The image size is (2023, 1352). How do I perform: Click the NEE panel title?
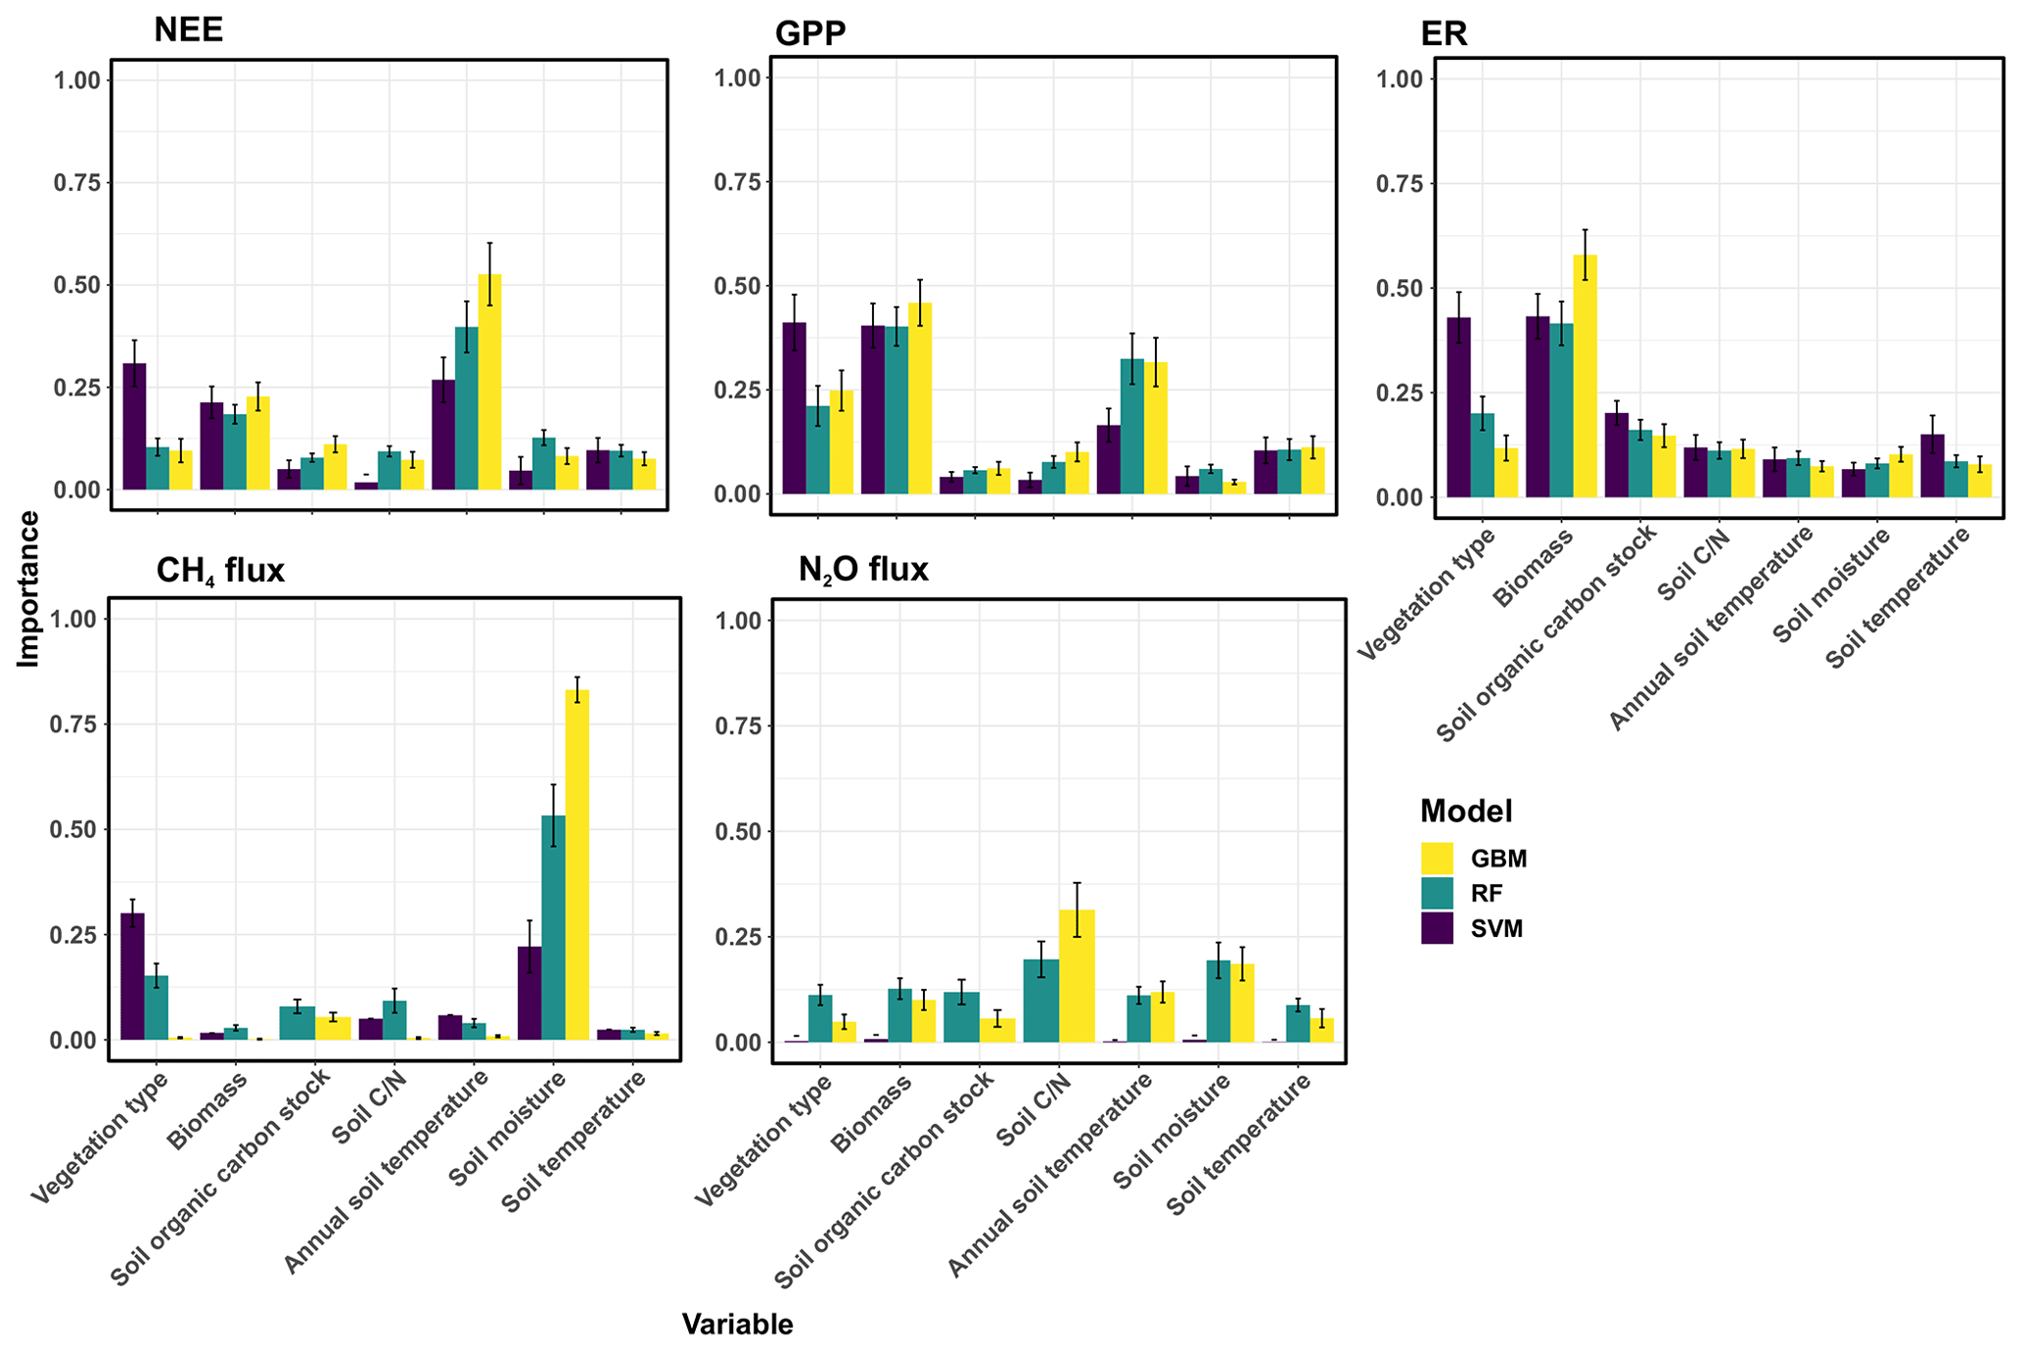pos(188,30)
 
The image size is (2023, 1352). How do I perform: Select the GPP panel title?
pos(809,34)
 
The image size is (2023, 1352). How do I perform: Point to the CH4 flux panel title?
pos(220,570)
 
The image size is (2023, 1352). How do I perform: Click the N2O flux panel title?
pos(862,570)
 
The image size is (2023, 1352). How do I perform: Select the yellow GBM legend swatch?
pos(1437,859)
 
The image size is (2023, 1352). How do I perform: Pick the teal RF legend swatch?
pos(1437,894)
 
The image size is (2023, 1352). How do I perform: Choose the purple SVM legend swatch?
pos(1437,928)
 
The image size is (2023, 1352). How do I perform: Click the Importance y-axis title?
pos(29,588)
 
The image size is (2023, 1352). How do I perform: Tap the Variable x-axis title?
pos(737,1325)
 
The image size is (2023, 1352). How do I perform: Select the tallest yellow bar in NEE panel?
pos(489,382)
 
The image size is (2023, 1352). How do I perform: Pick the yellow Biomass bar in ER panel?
pos(1585,376)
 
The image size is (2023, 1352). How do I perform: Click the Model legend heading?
pos(1465,812)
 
